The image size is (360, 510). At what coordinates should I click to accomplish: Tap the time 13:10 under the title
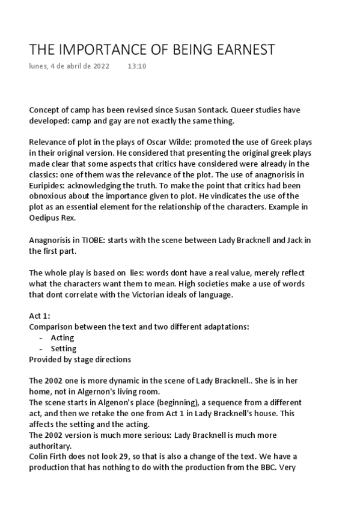coord(137,66)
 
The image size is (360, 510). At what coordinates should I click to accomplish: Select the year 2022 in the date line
coord(100,66)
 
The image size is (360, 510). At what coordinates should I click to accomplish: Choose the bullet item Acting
coord(62,339)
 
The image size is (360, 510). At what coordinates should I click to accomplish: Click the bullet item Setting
coord(63,349)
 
